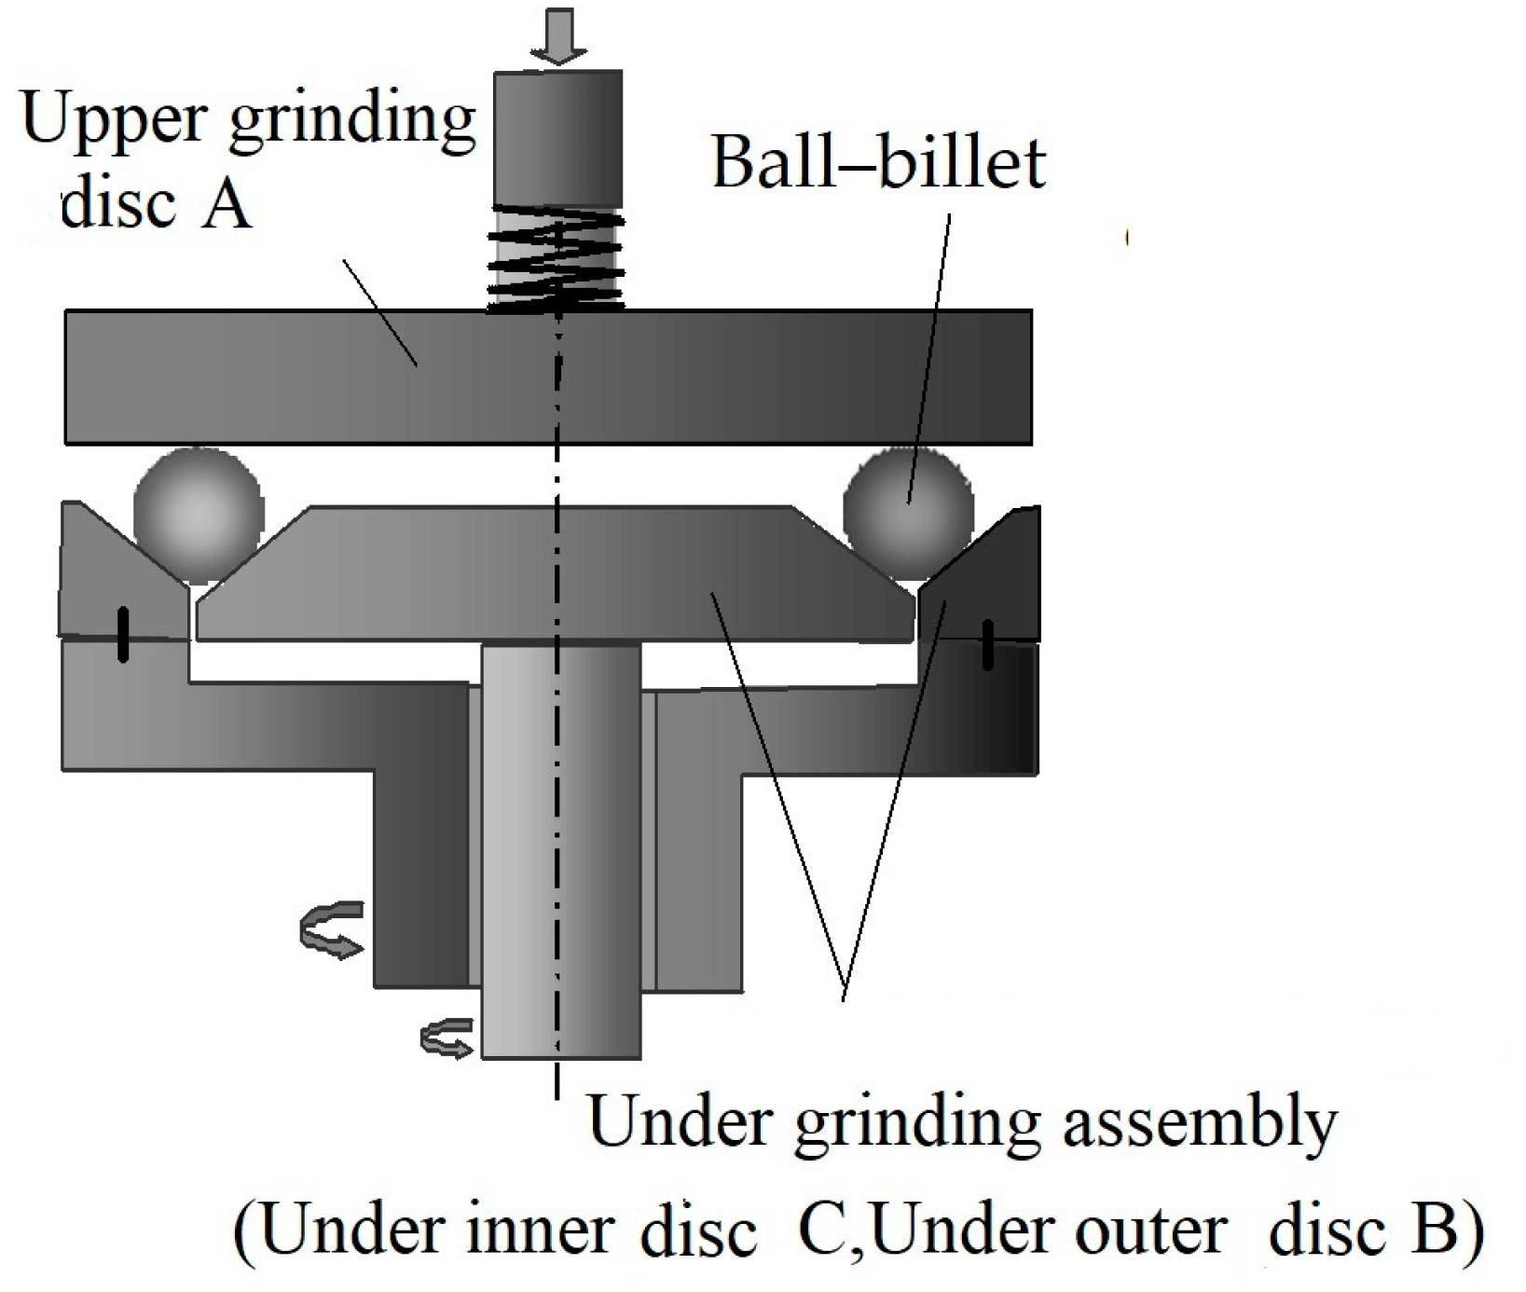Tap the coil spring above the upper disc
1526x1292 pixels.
[x=557, y=259]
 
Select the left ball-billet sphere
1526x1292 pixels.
[x=199, y=514]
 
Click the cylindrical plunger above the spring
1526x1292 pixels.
[x=558, y=137]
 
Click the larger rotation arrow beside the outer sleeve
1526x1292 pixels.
[x=331, y=929]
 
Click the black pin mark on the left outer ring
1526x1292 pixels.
[x=122, y=635]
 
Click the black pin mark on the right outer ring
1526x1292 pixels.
[x=988, y=644]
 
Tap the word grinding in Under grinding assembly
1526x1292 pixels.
[x=917, y=1123]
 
